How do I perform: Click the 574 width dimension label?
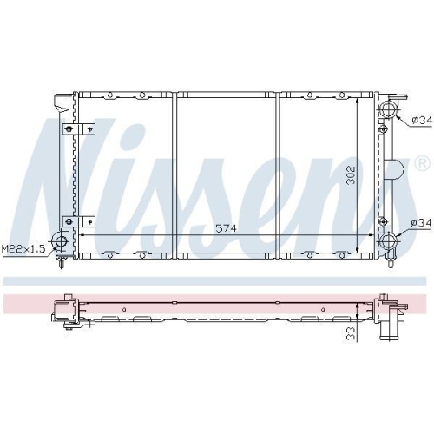tap(227, 228)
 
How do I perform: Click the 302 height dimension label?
tap(351, 175)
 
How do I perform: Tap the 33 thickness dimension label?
tap(351, 334)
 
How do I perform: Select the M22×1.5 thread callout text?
tap(23, 249)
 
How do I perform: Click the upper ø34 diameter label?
tap(422, 120)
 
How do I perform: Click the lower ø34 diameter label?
tap(421, 222)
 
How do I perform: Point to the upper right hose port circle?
tap(388, 109)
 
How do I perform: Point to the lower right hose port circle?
tap(387, 240)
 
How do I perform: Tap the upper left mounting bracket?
tap(79, 128)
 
